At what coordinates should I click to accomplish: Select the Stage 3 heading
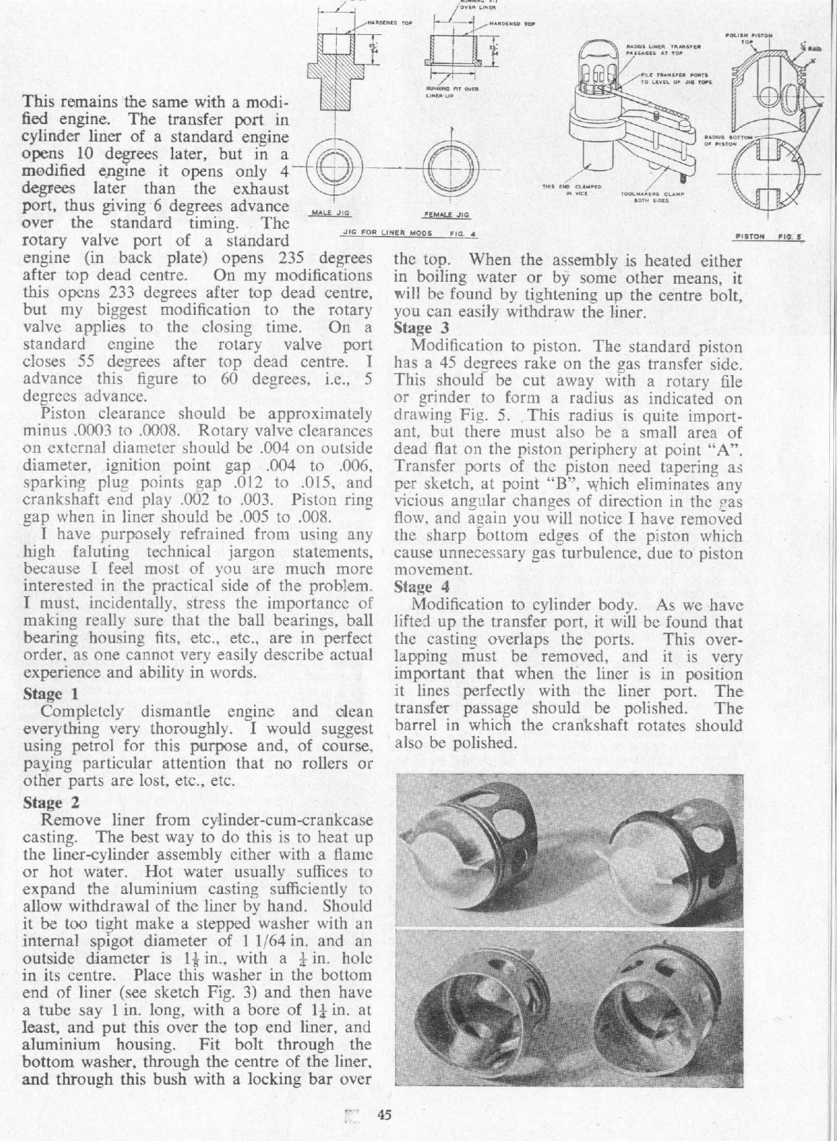(421, 327)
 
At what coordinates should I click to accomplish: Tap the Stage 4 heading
(421, 588)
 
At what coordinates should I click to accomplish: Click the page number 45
(386, 1116)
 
